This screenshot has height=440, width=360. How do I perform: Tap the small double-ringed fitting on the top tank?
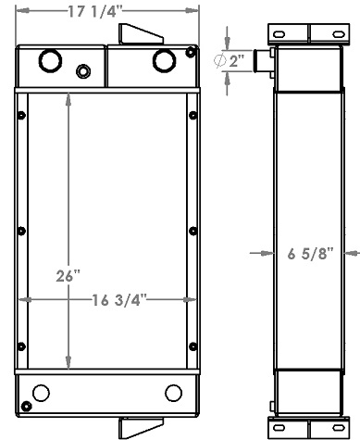coord(84,71)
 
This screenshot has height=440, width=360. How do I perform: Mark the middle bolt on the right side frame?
coord(192,231)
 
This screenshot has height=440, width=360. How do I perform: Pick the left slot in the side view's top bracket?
coord(275,33)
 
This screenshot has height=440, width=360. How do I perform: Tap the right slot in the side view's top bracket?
coord(327,33)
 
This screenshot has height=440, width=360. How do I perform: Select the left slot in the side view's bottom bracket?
coord(275,428)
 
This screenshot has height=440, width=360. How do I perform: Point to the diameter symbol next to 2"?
coord(220,61)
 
